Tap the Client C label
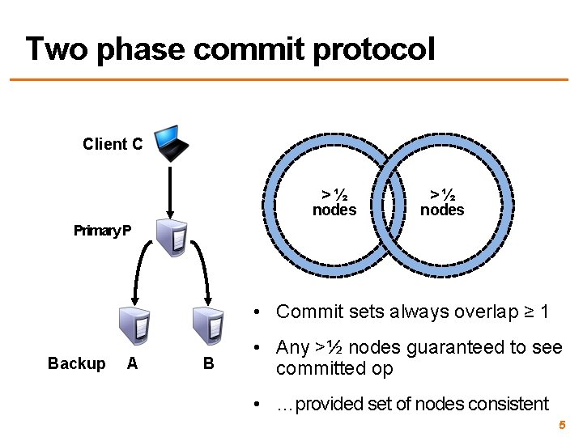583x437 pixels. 113,144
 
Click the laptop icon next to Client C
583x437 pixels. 172,142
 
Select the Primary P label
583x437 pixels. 102,231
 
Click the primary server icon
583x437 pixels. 172,237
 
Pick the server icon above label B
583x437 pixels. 207,326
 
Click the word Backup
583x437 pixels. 76,363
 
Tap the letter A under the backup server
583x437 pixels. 132,363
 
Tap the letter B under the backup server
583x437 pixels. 208,363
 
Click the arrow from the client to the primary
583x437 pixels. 172,189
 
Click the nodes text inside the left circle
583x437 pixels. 334,210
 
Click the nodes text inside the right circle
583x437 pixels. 442,210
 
